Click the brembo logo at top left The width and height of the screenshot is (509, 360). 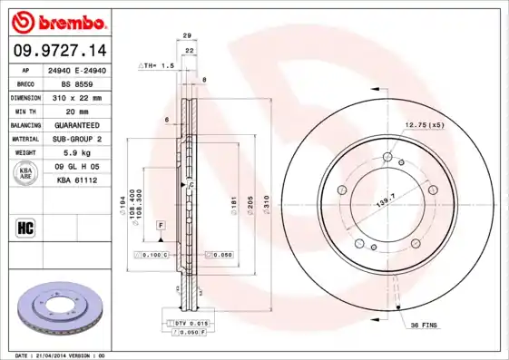pos(61,21)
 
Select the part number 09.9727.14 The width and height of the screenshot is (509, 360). pos(60,50)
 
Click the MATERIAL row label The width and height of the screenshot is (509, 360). pos(24,139)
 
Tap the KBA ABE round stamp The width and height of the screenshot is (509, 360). pos(26,174)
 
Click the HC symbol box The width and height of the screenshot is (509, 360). pos(26,227)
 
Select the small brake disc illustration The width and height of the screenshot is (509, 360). pos(60,308)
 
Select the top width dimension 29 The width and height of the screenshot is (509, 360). pos(187,35)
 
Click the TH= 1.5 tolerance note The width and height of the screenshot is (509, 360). pos(155,66)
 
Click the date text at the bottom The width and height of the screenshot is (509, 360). pos(62,355)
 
